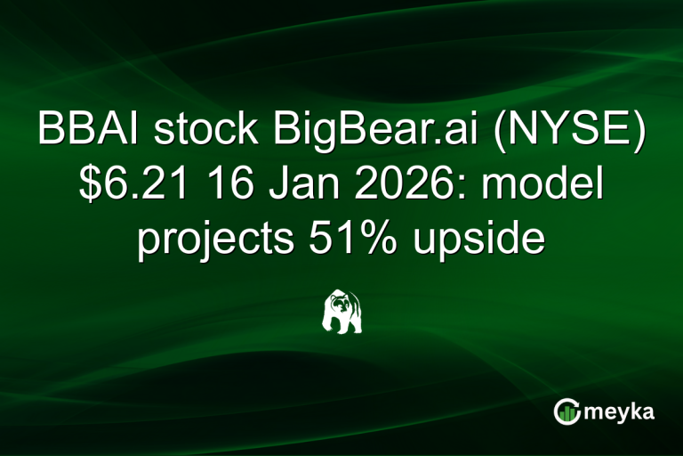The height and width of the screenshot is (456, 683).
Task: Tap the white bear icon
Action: [x=341, y=311]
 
